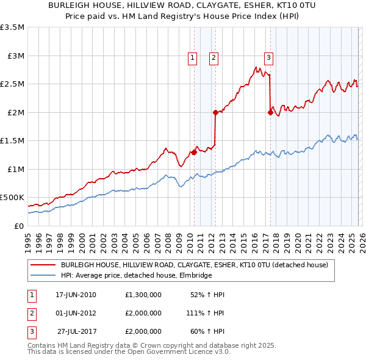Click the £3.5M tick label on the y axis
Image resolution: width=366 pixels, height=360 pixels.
tap(12, 27)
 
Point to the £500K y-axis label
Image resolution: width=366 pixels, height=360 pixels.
tap(12, 198)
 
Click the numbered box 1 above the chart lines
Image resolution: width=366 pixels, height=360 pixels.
tap(192, 58)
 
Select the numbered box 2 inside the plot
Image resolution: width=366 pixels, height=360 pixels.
tap(214, 58)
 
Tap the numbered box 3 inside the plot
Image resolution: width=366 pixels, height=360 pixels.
tap(268, 58)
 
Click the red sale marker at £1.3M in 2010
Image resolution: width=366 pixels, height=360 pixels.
tap(194, 153)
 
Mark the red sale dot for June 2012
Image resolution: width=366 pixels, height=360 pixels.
tap(215, 112)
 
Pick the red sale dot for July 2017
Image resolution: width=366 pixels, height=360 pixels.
tap(270, 112)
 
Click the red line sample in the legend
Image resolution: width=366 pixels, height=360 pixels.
tap(43, 265)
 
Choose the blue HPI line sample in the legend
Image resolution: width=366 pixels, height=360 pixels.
tap(43, 276)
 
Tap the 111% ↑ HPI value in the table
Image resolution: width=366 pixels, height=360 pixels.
tap(205, 312)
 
